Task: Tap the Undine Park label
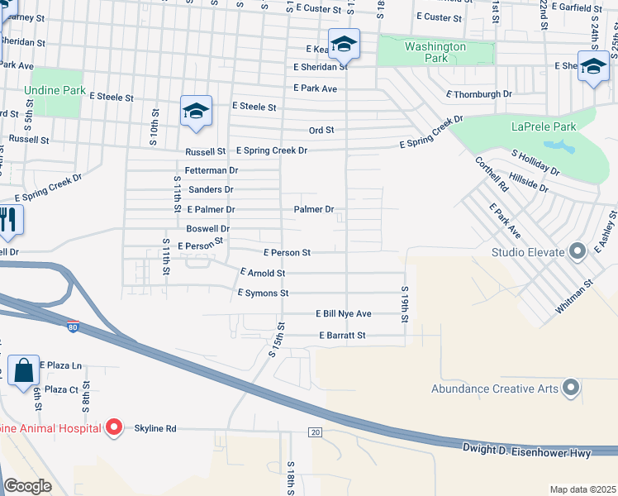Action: (59, 88)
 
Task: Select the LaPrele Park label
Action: (543, 127)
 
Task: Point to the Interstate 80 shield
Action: (74, 326)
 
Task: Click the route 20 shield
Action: (315, 432)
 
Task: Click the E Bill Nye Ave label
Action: (344, 314)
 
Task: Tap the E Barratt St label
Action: (342, 336)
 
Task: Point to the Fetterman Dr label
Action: (212, 170)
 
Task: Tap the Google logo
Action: (28, 486)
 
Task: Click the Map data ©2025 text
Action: (582, 489)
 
